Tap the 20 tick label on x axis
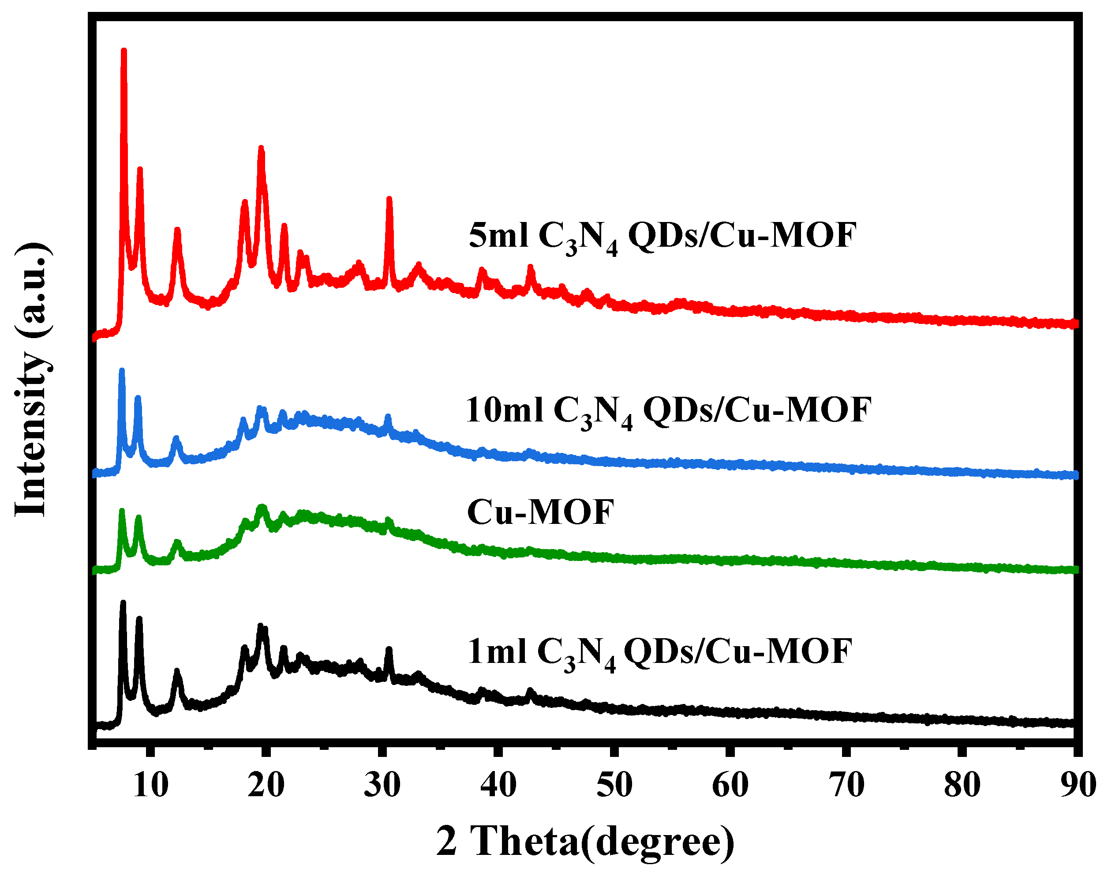point(266,785)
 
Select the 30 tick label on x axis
point(382,785)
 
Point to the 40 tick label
point(498,785)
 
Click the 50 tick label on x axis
point(614,785)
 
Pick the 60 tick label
point(730,785)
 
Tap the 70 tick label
point(846,785)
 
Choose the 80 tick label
point(962,785)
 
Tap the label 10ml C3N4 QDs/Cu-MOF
point(668,411)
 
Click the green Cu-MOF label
point(540,513)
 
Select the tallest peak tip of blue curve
point(122,370)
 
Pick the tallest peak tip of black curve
point(123,603)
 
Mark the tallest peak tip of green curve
point(122,511)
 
